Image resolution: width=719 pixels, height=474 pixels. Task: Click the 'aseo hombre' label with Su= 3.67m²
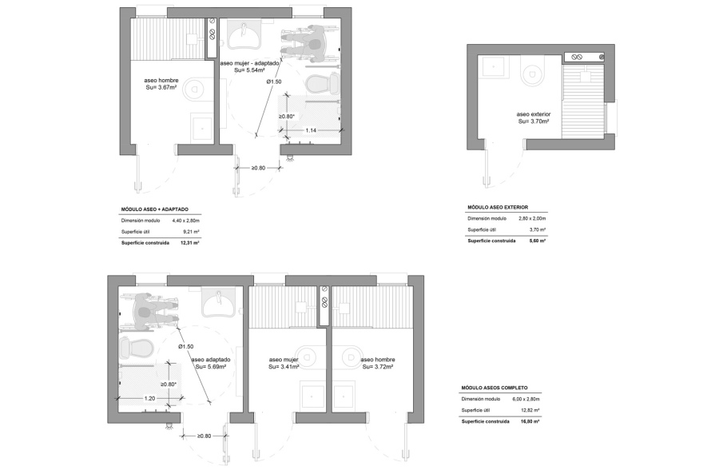coord(161,81)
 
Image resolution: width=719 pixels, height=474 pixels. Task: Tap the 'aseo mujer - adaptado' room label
coord(249,63)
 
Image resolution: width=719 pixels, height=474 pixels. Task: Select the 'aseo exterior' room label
coord(534,114)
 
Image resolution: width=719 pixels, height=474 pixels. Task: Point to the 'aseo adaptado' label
coord(211,360)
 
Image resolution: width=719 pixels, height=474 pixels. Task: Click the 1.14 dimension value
coord(311,131)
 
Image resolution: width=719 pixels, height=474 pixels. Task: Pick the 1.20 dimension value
coord(150,398)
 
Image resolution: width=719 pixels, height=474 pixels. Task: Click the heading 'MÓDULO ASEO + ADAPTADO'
coord(155,209)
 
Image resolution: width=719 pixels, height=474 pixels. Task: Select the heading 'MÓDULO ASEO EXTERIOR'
coord(498,208)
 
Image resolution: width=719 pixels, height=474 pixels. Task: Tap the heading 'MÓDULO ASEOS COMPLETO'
coord(495,388)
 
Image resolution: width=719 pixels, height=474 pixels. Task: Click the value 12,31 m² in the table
coord(190,243)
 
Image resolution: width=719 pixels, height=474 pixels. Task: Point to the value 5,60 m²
coord(538,241)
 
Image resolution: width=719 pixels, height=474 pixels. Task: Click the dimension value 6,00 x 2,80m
coord(526,400)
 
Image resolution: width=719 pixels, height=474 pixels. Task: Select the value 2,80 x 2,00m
coord(532,219)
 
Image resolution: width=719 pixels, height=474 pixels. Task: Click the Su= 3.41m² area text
coord(284,367)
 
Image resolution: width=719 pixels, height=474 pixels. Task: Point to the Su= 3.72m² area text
coord(378,367)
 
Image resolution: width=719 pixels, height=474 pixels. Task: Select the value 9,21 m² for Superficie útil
coord(191,232)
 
